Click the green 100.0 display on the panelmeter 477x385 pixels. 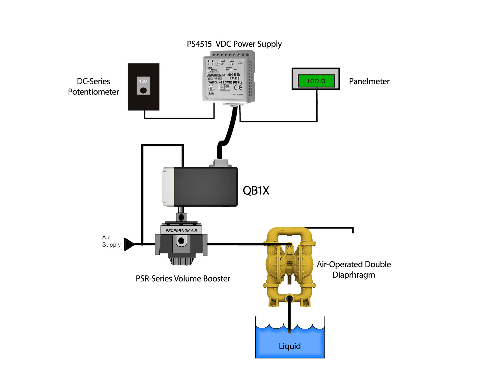tap(316, 81)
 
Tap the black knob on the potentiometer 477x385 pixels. tap(143, 90)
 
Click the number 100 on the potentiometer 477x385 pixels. tap(143, 81)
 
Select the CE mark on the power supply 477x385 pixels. tap(238, 88)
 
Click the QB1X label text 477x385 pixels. tap(256, 190)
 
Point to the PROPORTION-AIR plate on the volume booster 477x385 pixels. tap(181, 230)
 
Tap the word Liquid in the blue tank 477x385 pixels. tap(290, 346)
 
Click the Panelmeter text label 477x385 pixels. tap(369, 81)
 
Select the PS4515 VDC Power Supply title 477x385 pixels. tap(234, 44)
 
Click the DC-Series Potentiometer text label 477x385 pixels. tap(93, 86)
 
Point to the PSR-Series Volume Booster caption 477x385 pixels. tap(183, 278)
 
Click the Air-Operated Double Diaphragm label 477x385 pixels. tap(354, 269)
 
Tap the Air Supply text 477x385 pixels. tap(111, 241)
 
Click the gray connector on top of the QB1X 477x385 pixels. tap(221, 163)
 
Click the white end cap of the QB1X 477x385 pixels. tap(168, 187)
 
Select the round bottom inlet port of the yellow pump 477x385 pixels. tap(289, 298)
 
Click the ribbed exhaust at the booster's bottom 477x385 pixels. tap(181, 261)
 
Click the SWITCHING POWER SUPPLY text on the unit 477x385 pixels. tap(225, 82)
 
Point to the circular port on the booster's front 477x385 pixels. tap(181, 240)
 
